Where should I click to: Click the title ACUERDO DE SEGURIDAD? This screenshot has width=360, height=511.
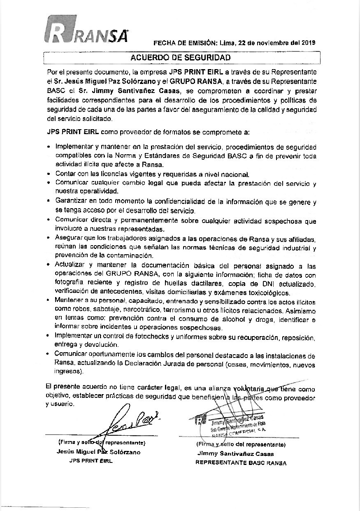181,58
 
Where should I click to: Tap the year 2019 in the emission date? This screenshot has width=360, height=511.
308,42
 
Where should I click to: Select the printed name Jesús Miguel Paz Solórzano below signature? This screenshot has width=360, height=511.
99,452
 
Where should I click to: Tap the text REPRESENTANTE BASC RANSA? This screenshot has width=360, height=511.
241,463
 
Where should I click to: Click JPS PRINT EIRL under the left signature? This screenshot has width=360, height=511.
91,461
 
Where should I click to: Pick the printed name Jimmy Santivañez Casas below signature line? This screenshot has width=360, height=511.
235,454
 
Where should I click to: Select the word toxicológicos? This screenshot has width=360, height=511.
266,293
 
